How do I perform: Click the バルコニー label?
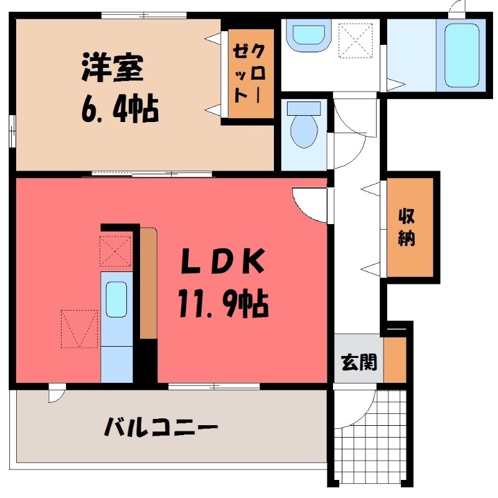coord(161,428)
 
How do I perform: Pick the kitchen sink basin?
coord(116,299)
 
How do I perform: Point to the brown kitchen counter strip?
coord(148,283)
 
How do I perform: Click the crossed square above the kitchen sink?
coord(116,250)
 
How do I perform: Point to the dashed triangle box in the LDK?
coord(80,329)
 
